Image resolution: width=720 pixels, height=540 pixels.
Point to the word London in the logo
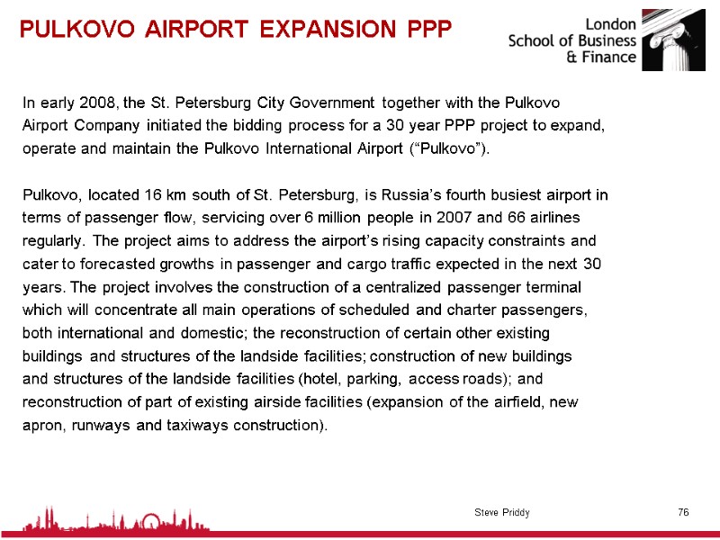point(611,23)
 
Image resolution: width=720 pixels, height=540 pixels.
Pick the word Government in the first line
point(328,101)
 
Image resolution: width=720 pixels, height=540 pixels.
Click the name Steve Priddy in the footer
point(501,512)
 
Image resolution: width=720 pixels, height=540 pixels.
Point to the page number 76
point(683,512)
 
